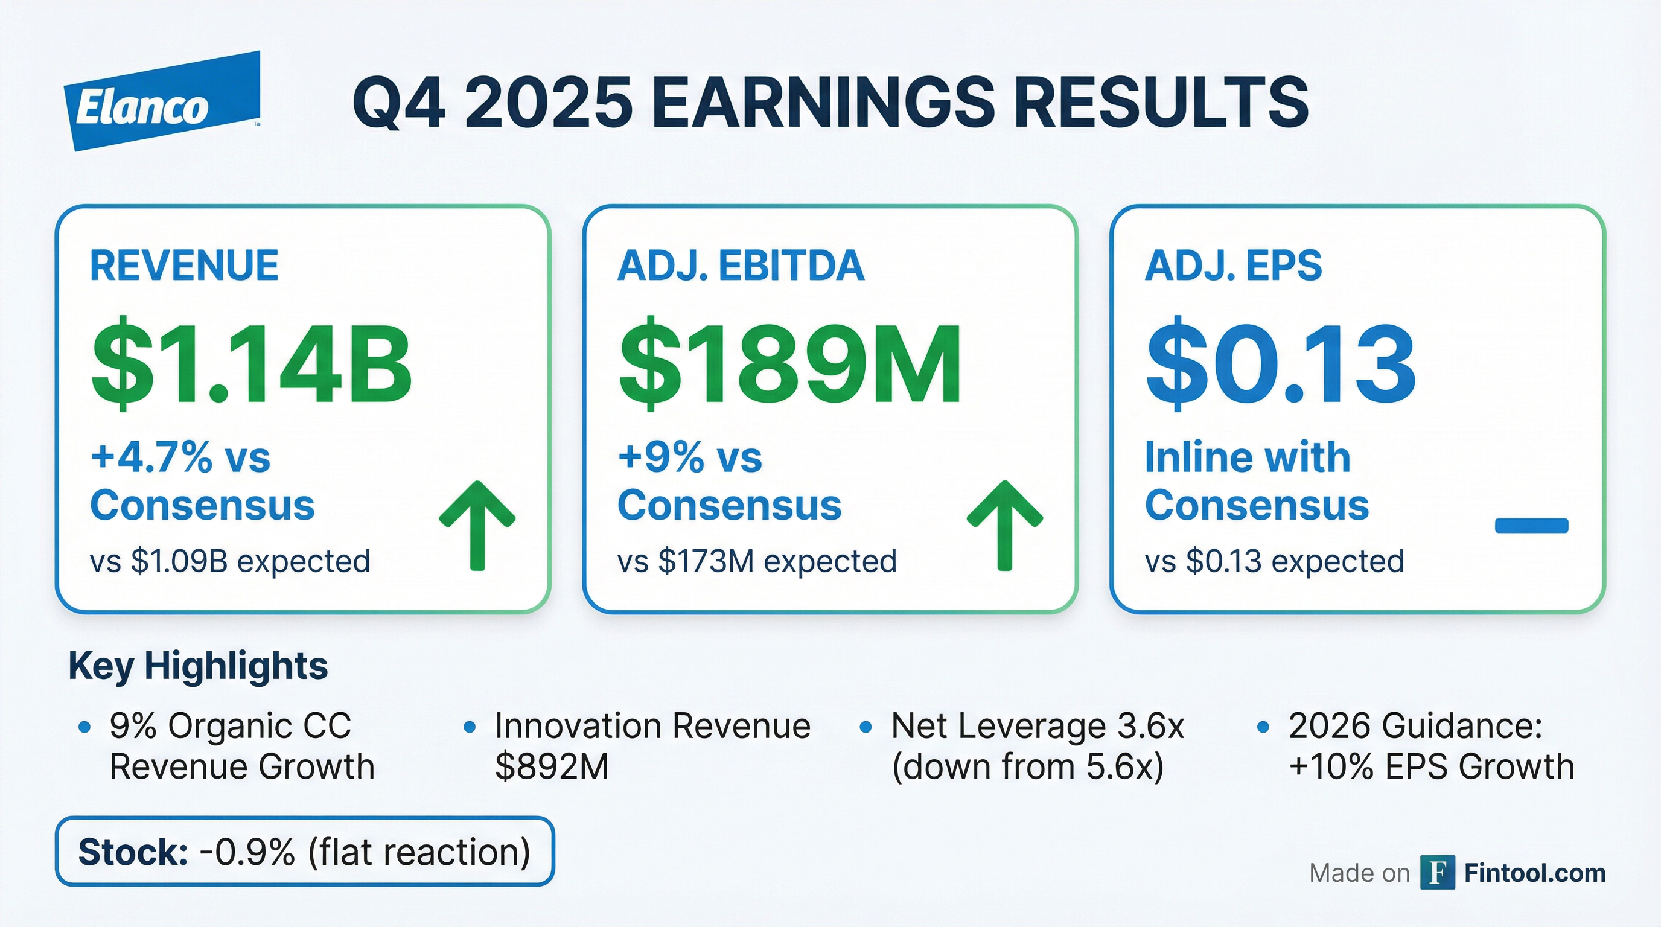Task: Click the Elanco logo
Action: click(x=162, y=101)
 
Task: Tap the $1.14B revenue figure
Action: click(x=252, y=363)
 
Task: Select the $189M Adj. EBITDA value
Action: click(x=790, y=363)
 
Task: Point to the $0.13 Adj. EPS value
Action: click(x=1281, y=363)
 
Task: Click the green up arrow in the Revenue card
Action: click(x=477, y=526)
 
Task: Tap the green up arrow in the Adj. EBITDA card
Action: click(x=1004, y=526)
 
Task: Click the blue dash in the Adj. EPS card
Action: click(x=1531, y=526)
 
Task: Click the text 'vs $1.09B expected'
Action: click(x=230, y=561)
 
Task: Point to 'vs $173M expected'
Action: click(x=757, y=561)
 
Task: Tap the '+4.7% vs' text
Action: click(x=180, y=457)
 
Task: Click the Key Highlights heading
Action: click(x=198, y=666)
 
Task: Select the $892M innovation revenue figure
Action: click(x=552, y=766)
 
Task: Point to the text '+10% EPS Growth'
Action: click(x=1432, y=766)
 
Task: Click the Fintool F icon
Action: click(x=1437, y=873)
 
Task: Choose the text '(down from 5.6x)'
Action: click(x=1028, y=766)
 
